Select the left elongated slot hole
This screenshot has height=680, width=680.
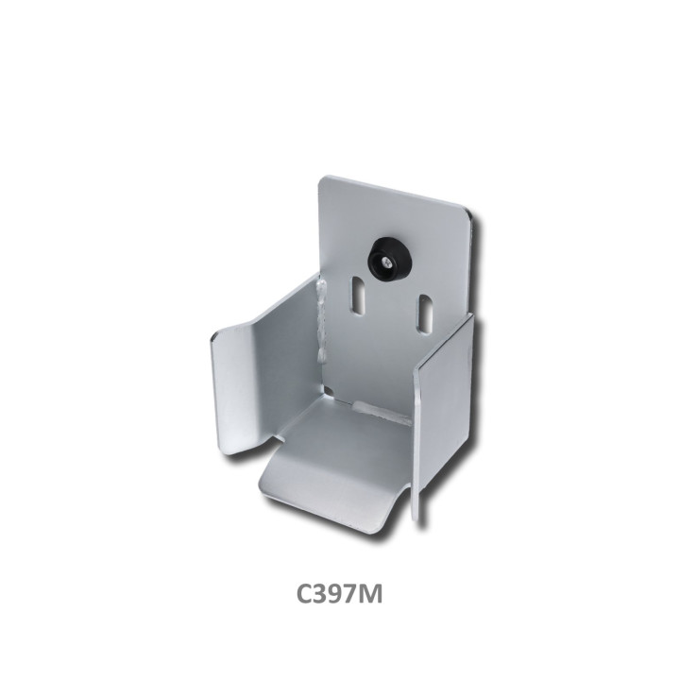(358, 296)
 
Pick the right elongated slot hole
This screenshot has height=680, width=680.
(425, 314)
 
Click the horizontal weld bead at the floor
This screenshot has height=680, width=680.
(382, 414)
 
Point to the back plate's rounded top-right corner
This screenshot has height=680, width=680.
(467, 215)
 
